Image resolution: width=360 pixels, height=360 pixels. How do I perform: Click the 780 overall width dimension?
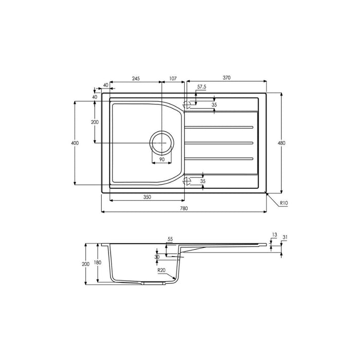pos(184,208)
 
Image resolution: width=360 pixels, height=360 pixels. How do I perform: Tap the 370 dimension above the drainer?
pos(226,78)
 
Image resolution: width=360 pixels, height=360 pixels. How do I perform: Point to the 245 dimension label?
pos(136,78)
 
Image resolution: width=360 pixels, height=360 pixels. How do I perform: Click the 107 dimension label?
pos(172,78)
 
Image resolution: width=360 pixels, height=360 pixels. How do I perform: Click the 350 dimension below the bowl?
pos(147,197)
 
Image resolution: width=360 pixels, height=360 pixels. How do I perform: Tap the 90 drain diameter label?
pos(161,160)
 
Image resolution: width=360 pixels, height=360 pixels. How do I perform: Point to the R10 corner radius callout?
pos(283,204)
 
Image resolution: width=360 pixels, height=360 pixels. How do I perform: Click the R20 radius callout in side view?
pos(161,268)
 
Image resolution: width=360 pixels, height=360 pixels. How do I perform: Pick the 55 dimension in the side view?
pos(170,239)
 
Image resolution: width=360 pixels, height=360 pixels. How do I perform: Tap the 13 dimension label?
pos(274,235)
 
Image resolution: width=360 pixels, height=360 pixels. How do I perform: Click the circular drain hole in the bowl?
pos(161,142)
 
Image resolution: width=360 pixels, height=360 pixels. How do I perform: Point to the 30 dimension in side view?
pos(156,257)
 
